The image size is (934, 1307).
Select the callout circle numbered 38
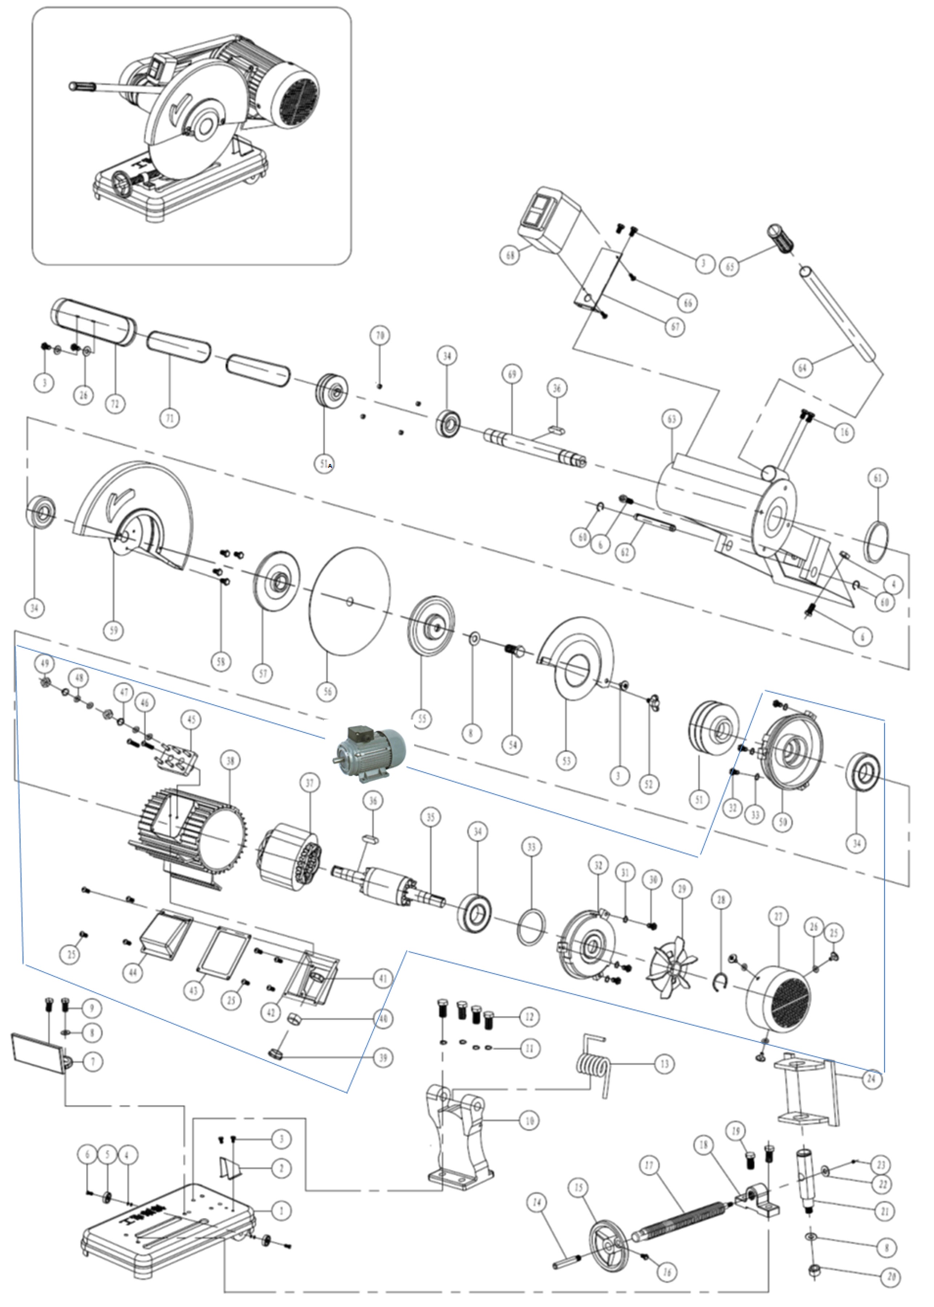pos(230,761)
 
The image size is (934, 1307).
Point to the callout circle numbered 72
pos(115,404)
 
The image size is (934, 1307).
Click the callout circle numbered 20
pos(890,1276)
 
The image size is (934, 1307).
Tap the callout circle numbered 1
pos(281,1210)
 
